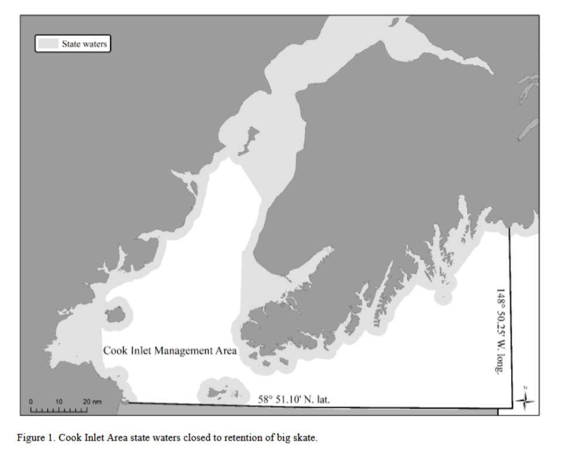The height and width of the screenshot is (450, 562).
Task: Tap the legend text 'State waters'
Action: point(84,44)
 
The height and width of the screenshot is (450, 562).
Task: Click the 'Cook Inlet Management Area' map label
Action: point(170,351)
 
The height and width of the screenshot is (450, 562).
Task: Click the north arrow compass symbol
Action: point(526,400)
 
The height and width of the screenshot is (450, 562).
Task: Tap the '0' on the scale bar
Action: point(31,401)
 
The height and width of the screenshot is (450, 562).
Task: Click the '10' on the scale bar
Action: point(59,401)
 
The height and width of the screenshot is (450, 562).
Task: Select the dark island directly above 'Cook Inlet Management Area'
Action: point(115,315)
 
